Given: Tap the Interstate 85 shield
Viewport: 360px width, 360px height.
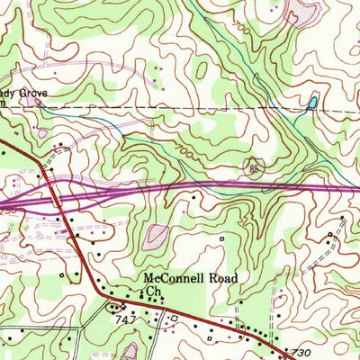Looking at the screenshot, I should click(x=256, y=168).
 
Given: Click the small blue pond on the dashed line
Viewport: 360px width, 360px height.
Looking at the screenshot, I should click(x=311, y=103).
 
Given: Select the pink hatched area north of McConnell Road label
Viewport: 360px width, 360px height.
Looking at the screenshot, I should click(x=156, y=237).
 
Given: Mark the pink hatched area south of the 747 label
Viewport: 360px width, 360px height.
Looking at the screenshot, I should click(x=130, y=351).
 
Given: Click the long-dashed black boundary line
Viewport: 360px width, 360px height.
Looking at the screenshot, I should click(x=180, y=106).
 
